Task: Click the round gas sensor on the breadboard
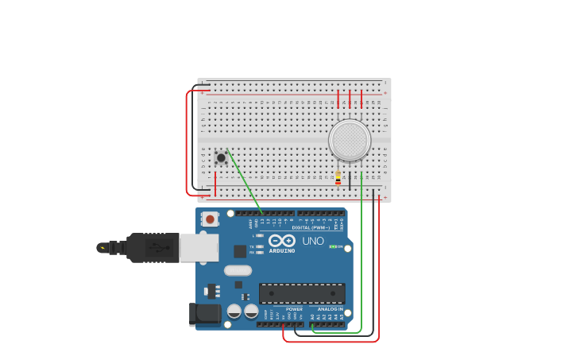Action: tap(350, 140)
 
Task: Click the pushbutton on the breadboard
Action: tap(221, 157)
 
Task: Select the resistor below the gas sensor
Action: tap(338, 178)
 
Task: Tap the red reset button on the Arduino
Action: tap(210, 219)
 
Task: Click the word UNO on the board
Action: tap(312, 241)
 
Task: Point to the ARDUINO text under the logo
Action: tap(282, 250)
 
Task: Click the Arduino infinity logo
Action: tap(282, 240)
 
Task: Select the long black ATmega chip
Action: tap(302, 293)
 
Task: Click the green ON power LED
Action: tap(334, 246)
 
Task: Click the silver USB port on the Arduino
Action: tap(199, 247)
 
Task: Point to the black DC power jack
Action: tap(204, 315)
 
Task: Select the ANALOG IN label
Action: tap(330, 309)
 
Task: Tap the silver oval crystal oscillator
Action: tap(238, 270)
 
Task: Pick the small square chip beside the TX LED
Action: tap(240, 251)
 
